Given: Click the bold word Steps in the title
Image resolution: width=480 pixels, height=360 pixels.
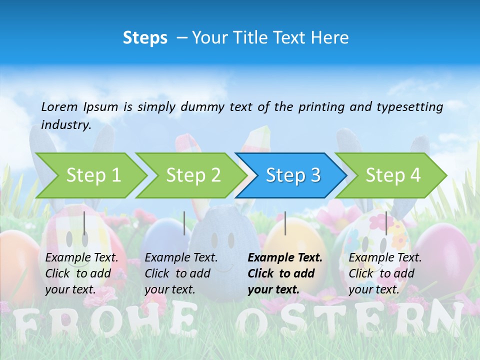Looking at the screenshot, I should coord(145,38).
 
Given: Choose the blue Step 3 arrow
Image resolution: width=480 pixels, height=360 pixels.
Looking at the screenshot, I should coord(293,175).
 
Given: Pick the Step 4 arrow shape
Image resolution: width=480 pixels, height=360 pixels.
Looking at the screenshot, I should coord(393,175).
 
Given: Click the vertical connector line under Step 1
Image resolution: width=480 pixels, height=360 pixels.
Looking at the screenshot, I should coord(84,223).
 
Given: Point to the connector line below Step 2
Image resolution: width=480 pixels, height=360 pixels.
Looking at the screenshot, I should coord(184,223).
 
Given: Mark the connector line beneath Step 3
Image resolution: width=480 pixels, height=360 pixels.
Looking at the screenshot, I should coord(285,223).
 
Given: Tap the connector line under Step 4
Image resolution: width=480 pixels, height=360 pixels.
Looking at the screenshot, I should coord(386,223).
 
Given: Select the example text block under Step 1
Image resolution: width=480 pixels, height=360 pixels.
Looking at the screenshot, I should coord(81,273).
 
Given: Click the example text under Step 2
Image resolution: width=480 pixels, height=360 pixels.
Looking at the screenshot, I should coord(181,273).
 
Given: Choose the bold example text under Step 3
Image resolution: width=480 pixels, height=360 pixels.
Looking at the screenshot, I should coord(285,273).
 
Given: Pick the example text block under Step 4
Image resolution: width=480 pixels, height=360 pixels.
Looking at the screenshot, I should coord(385,273).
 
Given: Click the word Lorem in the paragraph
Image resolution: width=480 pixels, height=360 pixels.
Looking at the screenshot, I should coord(59,106).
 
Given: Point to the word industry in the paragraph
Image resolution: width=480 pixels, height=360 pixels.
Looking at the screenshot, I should coord(66,125).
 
